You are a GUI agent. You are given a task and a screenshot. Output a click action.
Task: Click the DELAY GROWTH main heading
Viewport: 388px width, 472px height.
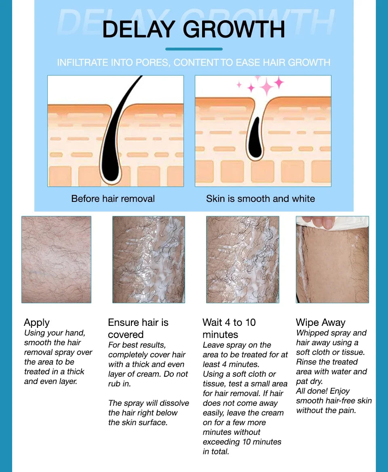194,29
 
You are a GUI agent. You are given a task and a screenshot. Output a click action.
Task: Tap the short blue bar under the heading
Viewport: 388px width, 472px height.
194,49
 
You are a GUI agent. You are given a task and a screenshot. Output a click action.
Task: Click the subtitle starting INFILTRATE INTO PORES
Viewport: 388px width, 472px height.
194,63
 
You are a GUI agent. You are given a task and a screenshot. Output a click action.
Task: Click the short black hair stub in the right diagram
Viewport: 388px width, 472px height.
255,139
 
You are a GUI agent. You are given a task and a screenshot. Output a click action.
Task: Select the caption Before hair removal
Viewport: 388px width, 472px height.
113,199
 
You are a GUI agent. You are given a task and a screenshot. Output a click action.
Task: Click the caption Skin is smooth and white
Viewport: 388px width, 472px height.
260,199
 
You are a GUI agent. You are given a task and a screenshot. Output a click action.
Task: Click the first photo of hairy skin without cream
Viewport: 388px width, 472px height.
56,259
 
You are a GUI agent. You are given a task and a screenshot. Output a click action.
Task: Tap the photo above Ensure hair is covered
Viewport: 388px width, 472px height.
148,259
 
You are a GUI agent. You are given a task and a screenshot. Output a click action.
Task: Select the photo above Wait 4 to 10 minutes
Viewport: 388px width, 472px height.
242,259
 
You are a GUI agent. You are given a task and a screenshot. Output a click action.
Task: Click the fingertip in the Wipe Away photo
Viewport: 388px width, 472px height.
319,222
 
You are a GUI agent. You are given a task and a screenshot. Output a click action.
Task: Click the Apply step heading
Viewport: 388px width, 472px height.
37,322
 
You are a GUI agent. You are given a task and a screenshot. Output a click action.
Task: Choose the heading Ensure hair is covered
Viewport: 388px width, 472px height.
138,328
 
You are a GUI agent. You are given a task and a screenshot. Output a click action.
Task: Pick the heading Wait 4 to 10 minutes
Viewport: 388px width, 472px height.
229,328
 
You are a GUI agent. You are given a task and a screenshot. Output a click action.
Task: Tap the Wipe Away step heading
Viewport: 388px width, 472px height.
321,322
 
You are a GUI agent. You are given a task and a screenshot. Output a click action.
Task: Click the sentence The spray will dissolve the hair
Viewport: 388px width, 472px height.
148,413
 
